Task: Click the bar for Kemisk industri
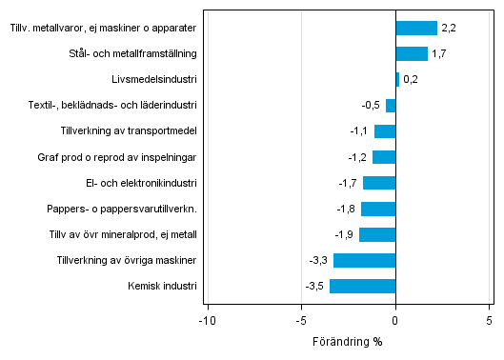point(362,286)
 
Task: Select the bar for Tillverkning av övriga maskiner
point(364,260)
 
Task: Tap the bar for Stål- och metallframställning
point(411,54)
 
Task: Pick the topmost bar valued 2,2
point(415,29)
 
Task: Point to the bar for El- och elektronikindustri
point(378,183)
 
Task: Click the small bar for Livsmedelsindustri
point(397,80)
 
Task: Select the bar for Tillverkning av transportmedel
point(384,131)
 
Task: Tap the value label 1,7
point(438,54)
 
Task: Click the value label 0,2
point(411,80)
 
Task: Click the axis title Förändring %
point(347,340)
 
